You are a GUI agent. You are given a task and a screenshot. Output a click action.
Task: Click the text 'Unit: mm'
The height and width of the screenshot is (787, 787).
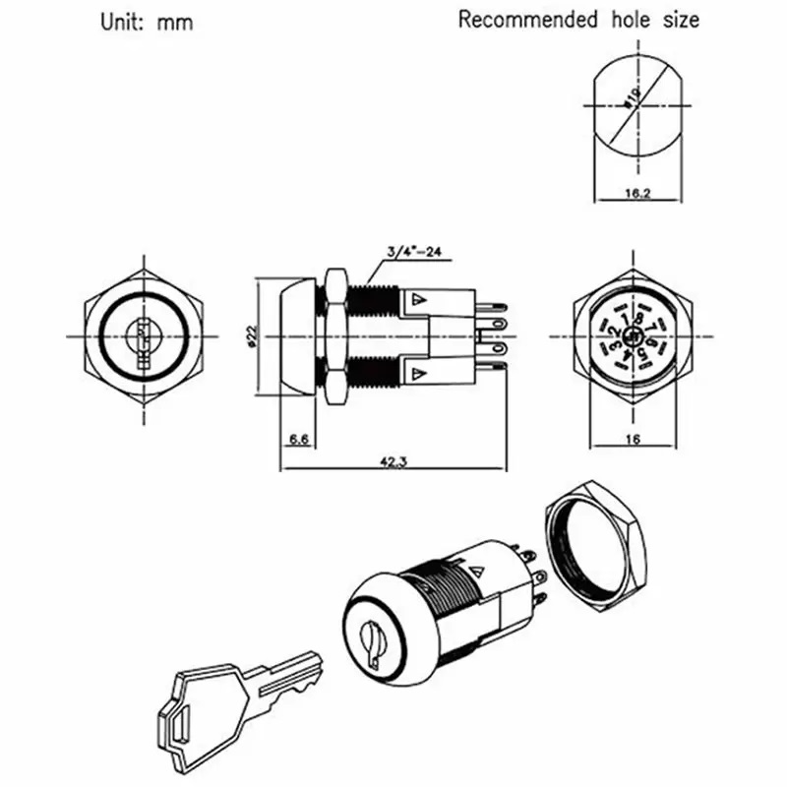[x=145, y=22]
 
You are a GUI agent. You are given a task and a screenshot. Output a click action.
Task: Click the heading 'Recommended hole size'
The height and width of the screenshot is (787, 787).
[x=578, y=19]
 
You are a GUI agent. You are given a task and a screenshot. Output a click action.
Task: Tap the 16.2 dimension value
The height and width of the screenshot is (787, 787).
[x=638, y=194]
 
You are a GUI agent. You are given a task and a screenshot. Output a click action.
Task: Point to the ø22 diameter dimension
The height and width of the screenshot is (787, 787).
[x=253, y=336]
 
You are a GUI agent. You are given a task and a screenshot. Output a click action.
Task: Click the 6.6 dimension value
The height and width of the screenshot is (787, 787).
[x=300, y=440]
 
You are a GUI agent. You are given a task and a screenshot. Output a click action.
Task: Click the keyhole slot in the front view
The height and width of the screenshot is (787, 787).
[x=142, y=335]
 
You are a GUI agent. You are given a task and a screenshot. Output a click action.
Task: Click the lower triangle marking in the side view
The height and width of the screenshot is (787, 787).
[x=419, y=374]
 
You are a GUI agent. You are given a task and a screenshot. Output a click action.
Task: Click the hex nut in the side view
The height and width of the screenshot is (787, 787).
[x=333, y=335]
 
